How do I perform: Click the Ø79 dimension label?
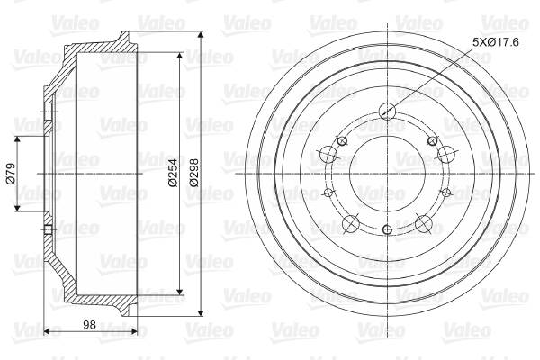10,174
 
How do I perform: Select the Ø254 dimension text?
173,174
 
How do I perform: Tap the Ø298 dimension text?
194,173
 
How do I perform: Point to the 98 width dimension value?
89,325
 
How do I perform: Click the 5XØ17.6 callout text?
496,42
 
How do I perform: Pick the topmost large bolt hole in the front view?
387,111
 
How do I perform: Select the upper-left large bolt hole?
328,154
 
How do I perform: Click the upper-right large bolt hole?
446,154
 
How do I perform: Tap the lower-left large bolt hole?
351,223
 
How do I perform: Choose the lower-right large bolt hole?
424,223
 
